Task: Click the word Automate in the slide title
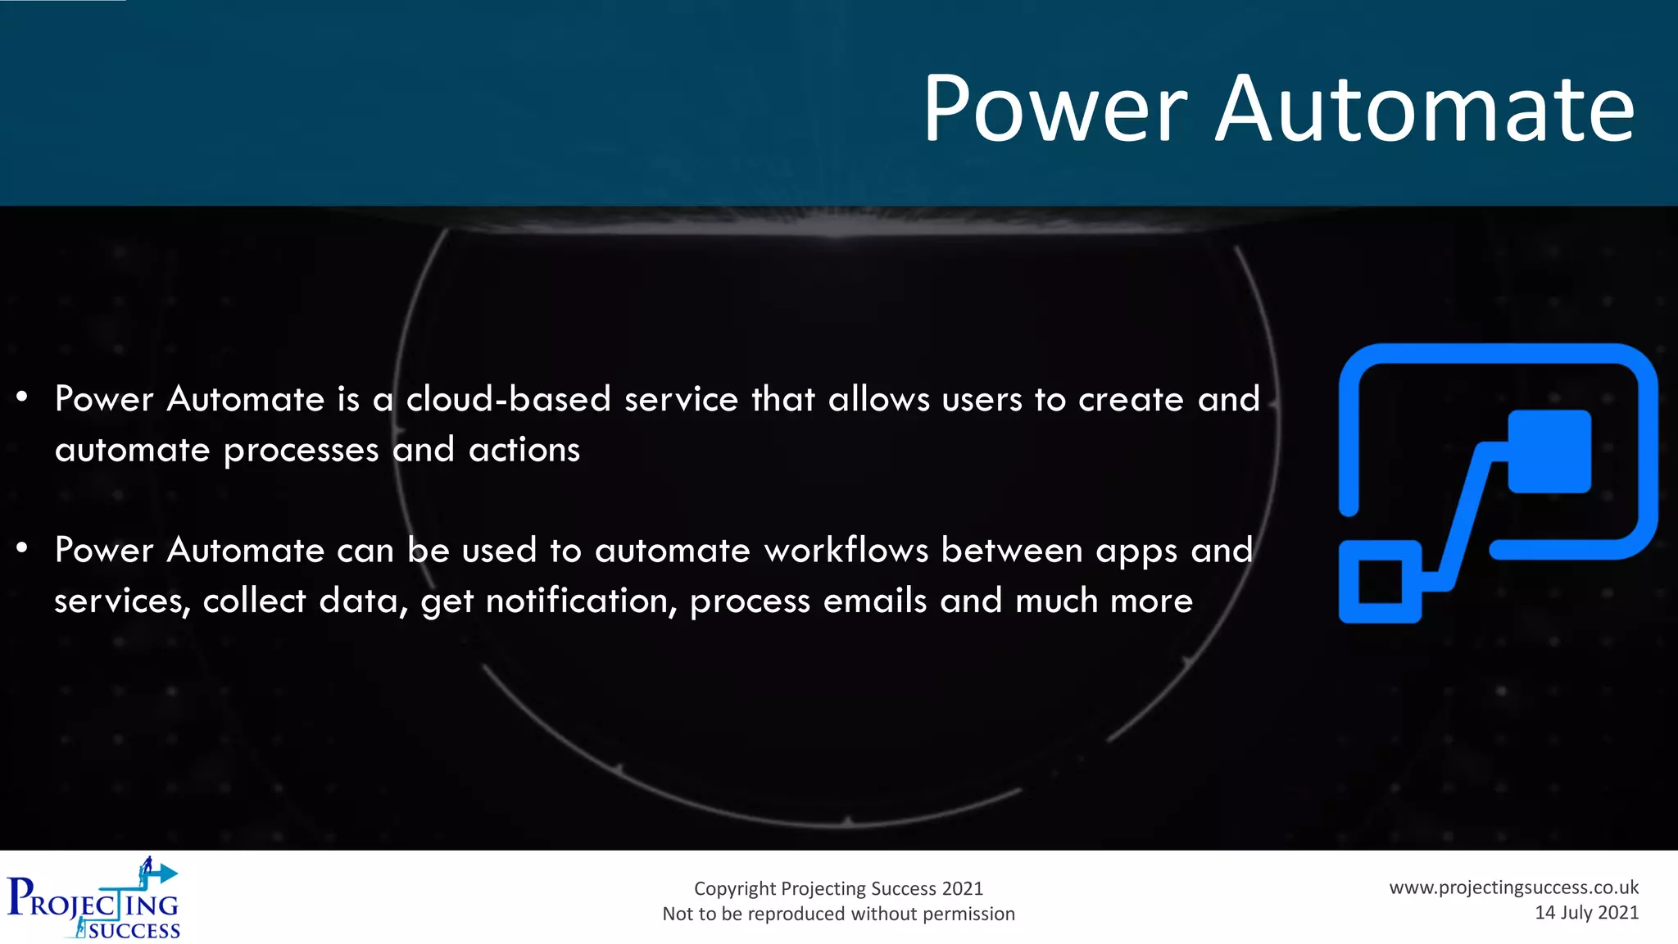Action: [x=1424, y=109]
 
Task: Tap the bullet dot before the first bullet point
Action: [x=22, y=397]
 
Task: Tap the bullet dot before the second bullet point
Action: [x=22, y=548]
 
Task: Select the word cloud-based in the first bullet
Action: [x=508, y=399]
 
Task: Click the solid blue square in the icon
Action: [x=1549, y=452]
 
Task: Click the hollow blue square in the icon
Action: [x=1380, y=582]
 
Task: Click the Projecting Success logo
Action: [x=93, y=900]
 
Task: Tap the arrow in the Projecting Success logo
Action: [x=164, y=874]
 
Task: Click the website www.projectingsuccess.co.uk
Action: [x=1513, y=887]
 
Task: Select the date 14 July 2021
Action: [x=1586, y=913]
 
